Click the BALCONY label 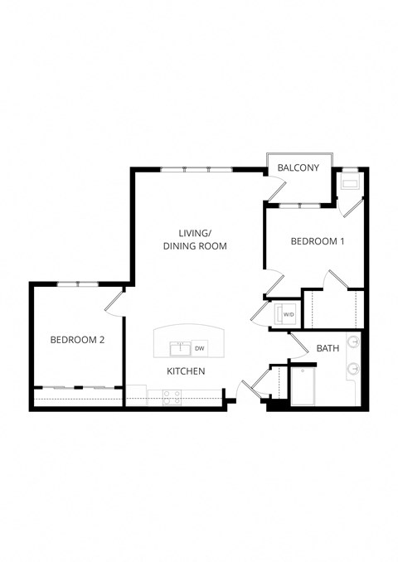pyautogui.click(x=298, y=168)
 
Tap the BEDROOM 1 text pyautogui.click(x=316, y=241)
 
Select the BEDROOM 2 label pyautogui.click(x=76, y=339)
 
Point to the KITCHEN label pyautogui.click(x=186, y=371)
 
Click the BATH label pyautogui.click(x=328, y=348)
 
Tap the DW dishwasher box pyautogui.click(x=200, y=348)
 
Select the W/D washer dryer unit pyautogui.click(x=287, y=315)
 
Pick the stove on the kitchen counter pyautogui.click(x=172, y=398)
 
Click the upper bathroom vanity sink pyautogui.click(x=354, y=342)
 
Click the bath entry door pyautogui.click(x=298, y=342)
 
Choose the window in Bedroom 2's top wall pyautogui.click(x=78, y=284)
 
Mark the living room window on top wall pyautogui.click(x=197, y=170)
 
